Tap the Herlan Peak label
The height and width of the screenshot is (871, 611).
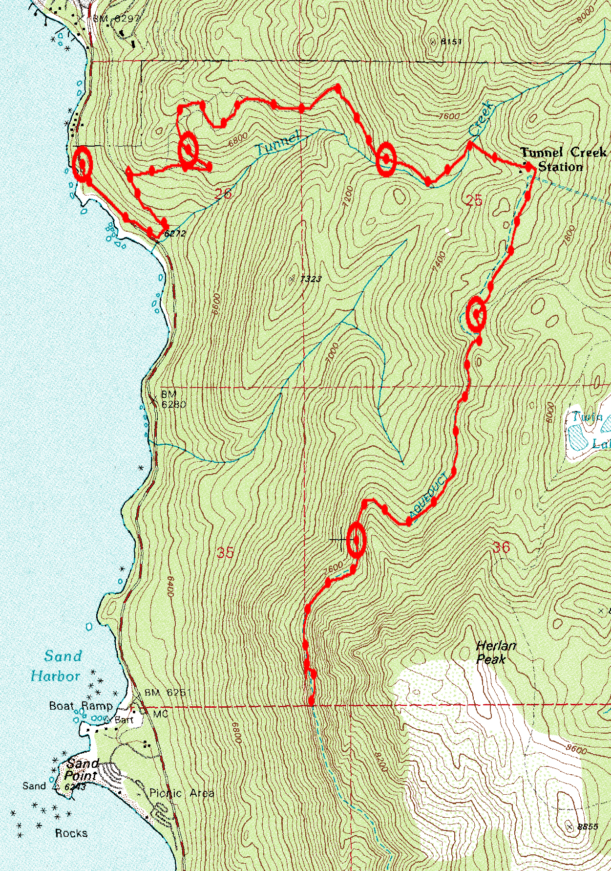495,653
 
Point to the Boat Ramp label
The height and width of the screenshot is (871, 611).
81,706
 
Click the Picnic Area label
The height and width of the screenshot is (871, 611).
182,793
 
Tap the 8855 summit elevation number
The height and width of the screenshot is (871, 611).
587,827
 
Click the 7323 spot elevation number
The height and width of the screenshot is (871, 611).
311,279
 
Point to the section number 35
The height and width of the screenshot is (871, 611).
225,553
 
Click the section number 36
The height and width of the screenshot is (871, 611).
501,547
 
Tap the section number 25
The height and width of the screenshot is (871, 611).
474,200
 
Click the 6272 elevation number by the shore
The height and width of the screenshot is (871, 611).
175,234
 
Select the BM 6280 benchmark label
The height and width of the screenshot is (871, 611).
171,399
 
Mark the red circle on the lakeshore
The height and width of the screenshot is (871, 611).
82,164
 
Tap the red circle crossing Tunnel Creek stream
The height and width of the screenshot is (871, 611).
386,158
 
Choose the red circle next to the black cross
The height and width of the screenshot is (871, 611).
356,540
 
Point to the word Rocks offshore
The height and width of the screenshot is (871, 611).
71,833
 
